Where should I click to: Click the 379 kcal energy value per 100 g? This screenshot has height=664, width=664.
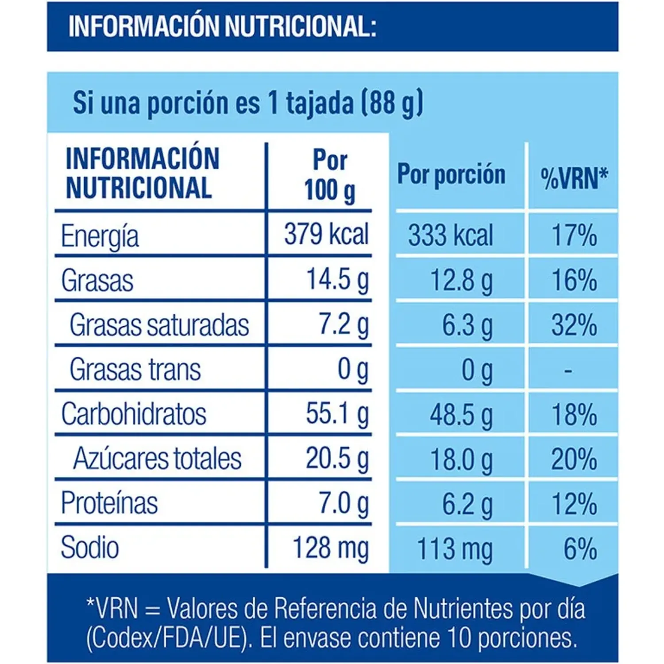coord(326,234)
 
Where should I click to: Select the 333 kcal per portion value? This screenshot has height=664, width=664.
coord(450,235)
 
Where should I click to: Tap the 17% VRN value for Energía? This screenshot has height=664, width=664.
coord(574,235)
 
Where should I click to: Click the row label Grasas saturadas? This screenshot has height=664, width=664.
coord(159,325)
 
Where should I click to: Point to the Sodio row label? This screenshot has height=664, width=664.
coord(90,548)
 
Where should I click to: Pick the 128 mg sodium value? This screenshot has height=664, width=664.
coord(330,548)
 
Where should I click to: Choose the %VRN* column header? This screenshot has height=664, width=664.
coord(574,178)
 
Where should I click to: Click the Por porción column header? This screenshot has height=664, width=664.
coord(451,175)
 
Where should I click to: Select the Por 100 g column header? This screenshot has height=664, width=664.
coord(330,176)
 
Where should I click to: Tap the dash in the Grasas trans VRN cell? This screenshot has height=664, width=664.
coord(569,370)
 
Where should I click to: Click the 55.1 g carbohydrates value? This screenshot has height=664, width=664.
coord(337,414)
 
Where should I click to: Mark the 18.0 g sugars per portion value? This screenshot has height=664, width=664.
coord(461,460)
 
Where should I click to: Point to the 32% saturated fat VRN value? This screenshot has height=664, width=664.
coord(574,325)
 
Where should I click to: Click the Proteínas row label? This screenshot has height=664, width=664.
coord(109,503)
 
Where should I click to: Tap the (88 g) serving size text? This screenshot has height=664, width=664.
coord(392,103)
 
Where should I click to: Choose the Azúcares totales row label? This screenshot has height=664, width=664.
coord(157,459)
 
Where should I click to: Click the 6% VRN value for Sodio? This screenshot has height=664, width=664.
coord(580,549)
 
